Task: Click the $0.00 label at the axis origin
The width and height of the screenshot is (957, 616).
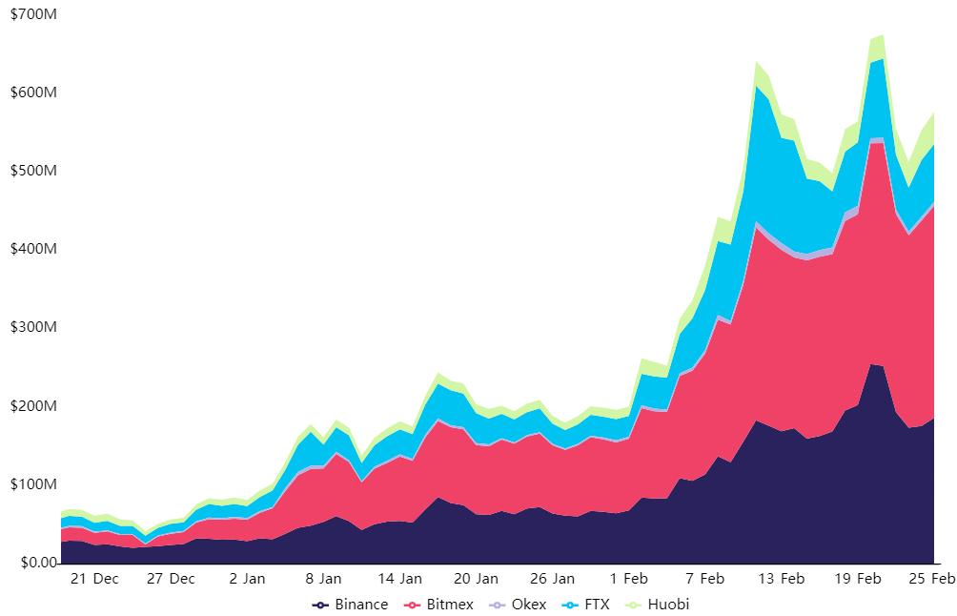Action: pos(31,563)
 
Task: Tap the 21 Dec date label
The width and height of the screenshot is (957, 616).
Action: pos(94,579)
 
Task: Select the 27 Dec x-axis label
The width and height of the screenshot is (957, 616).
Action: pos(171,579)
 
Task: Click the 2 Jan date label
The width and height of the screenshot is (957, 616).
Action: pos(247,579)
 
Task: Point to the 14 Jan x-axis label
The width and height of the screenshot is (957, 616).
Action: pos(399,579)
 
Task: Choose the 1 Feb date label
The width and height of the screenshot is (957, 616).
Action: pos(628,579)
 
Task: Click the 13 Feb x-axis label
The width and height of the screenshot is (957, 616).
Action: pos(781,579)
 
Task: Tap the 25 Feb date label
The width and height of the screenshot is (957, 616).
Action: pos(932,579)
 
